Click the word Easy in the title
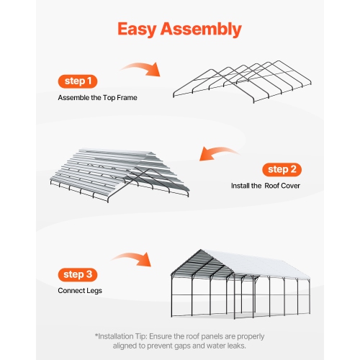tap(141, 29)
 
